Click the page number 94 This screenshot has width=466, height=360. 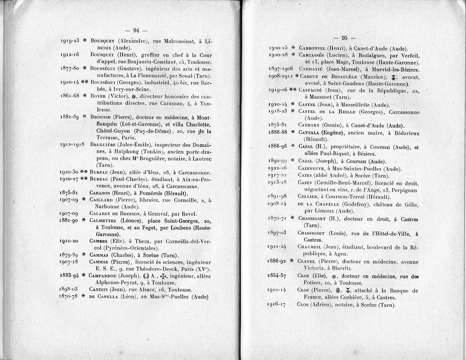[x=136, y=31]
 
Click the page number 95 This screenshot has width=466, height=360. [x=344, y=38]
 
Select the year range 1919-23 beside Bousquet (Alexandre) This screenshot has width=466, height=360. [x=70, y=40]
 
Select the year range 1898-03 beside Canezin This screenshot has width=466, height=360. [x=69, y=289]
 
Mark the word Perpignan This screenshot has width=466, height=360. [x=404, y=190]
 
